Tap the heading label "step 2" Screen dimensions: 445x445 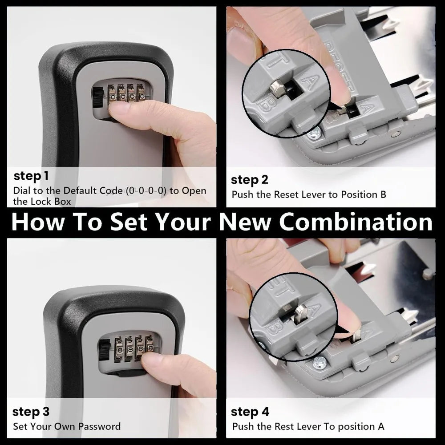[x=250, y=180]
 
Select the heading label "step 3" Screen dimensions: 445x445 [x=31, y=411]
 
